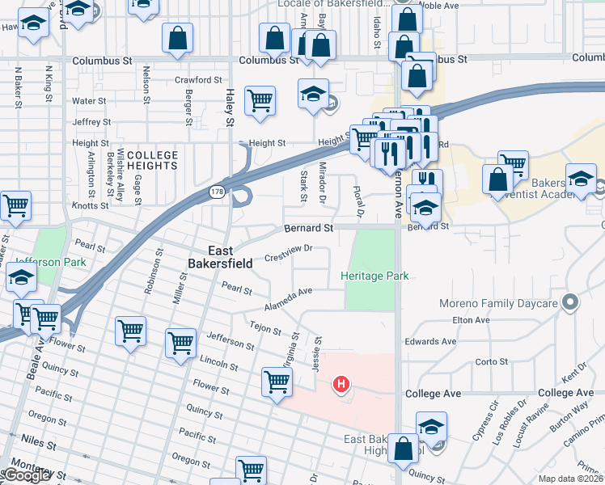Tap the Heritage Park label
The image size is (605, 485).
pyautogui.click(x=374, y=276)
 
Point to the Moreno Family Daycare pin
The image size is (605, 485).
pyautogui.click(x=571, y=303)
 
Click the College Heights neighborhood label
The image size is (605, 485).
pyautogui.click(x=152, y=160)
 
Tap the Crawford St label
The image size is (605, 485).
pyautogui.click(x=198, y=80)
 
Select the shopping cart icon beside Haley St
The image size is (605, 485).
pyautogui.click(x=260, y=101)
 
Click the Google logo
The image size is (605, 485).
pyautogui.click(x=26, y=475)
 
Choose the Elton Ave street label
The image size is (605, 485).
pyautogui.click(x=471, y=320)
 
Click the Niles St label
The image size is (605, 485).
pyautogui.click(x=40, y=444)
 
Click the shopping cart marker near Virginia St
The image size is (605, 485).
pyautogui.click(x=277, y=381)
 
